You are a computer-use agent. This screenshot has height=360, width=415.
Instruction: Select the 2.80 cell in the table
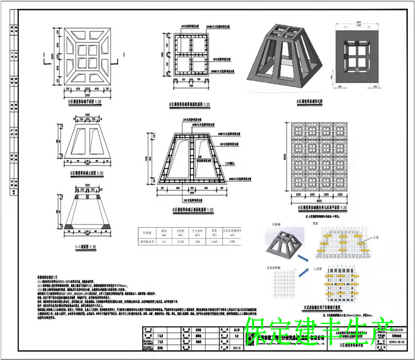(197, 241)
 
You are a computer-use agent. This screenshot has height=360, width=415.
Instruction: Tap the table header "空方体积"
(197, 231)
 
